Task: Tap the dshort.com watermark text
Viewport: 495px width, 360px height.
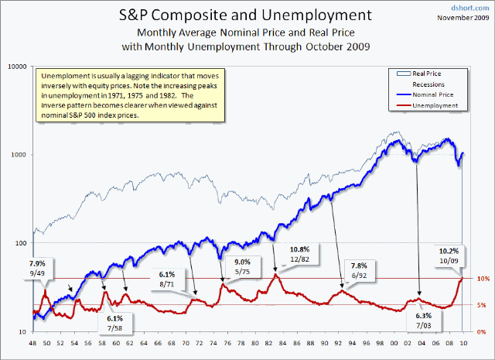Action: (472, 6)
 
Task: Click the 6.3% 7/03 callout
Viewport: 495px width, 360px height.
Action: (424, 321)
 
